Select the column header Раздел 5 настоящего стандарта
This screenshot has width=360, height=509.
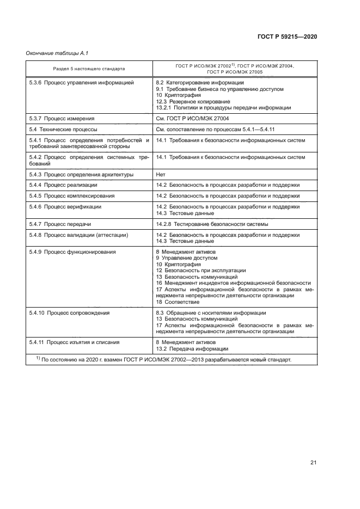(x=89, y=69)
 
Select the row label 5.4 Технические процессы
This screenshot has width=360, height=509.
(x=63, y=130)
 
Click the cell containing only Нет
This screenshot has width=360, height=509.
(x=161, y=174)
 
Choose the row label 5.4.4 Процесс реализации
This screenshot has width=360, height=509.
(x=64, y=185)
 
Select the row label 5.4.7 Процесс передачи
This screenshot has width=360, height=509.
(x=60, y=224)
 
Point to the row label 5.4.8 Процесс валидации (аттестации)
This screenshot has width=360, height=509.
(x=78, y=235)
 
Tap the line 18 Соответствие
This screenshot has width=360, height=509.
(x=178, y=302)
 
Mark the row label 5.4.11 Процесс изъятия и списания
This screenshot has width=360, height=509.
(x=75, y=342)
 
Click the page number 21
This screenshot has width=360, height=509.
(x=313, y=463)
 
